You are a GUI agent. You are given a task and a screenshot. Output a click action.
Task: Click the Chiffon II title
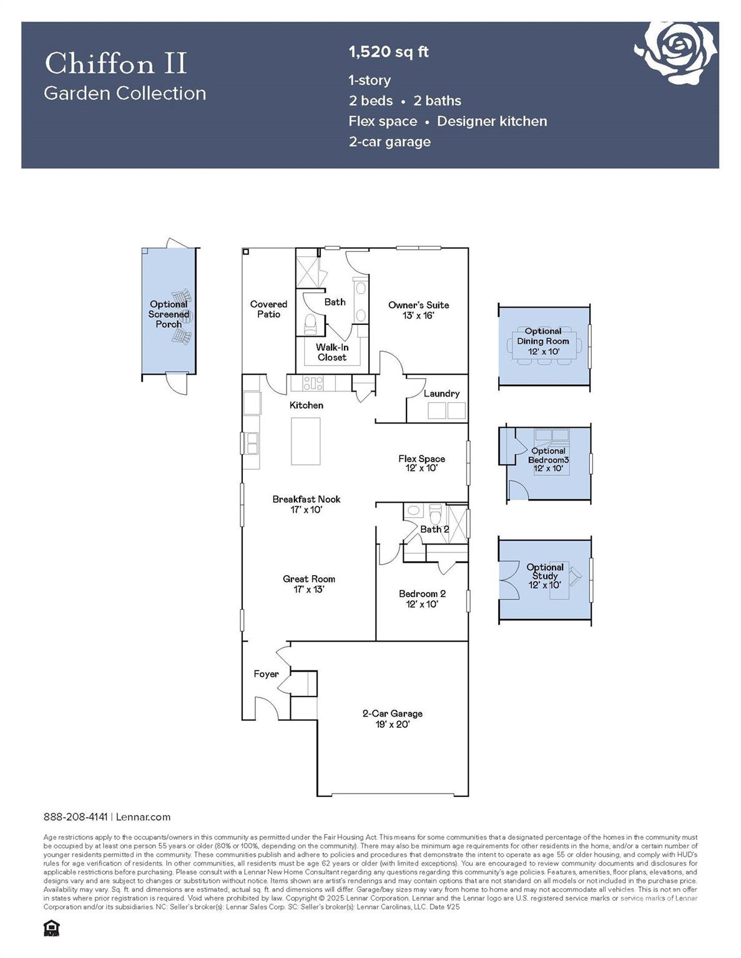tap(115, 64)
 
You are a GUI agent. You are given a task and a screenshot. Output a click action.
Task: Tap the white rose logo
tap(676, 51)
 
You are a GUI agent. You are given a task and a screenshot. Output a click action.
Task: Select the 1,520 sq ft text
tap(388, 52)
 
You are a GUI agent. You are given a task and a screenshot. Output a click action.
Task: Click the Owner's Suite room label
tap(418, 310)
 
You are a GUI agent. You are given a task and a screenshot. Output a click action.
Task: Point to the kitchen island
tap(306, 441)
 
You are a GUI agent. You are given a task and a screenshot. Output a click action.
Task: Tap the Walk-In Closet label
tap(332, 352)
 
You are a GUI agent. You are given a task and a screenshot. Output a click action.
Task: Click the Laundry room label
tap(441, 394)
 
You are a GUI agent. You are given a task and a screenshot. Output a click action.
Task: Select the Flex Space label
tap(421, 463)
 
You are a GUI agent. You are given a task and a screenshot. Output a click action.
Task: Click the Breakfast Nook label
tap(307, 504)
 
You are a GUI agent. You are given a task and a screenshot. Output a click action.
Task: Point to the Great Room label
tap(309, 584)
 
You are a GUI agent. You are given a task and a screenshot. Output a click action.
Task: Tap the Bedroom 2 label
tap(422, 599)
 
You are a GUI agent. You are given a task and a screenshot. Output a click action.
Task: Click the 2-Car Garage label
tap(392, 718)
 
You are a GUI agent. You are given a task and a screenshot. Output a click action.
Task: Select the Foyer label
tap(266, 674)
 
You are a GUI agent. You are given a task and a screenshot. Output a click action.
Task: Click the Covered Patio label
tap(268, 309)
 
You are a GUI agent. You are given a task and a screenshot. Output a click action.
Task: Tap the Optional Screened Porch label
tap(169, 314)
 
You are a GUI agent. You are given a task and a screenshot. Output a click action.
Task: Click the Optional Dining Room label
tap(543, 341)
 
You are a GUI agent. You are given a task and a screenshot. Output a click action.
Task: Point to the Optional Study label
tap(545, 576)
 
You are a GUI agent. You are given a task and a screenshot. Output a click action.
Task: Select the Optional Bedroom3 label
tap(548, 460)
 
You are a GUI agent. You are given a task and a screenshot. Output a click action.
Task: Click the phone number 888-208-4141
tap(76, 817)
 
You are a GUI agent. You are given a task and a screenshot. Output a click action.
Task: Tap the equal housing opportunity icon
tap(51, 928)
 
